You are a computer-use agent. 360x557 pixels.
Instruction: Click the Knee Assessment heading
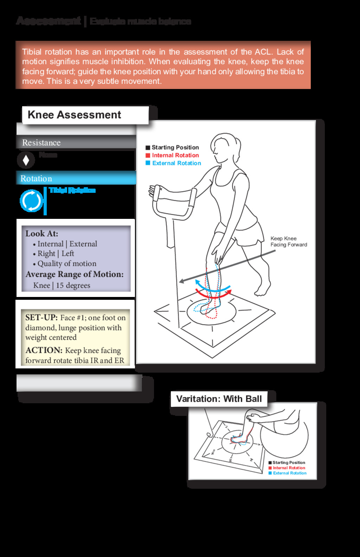[74, 115]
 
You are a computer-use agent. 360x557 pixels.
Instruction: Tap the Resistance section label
[41, 143]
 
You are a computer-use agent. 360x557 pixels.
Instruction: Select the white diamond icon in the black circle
[26, 160]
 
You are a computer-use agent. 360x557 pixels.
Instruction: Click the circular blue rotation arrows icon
[31, 201]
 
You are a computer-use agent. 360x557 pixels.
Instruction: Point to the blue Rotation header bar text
[36, 178]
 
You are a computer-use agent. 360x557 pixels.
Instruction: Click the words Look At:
[41, 234]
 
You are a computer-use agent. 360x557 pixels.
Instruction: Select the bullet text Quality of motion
[67, 264]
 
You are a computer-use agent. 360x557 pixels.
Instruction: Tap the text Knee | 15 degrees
[62, 285]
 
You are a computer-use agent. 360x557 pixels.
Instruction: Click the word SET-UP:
[41, 317]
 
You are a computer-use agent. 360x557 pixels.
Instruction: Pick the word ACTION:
[44, 350]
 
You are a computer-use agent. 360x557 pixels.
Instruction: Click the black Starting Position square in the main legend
[148, 147]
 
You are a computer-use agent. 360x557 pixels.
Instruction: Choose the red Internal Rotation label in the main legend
[175, 155]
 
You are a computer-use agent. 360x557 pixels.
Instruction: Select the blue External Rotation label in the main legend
[176, 163]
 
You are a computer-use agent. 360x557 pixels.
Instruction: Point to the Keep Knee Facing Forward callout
[288, 242]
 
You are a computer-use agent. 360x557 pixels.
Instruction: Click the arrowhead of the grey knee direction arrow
[181, 281]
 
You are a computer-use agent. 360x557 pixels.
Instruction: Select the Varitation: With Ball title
[219, 399]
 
